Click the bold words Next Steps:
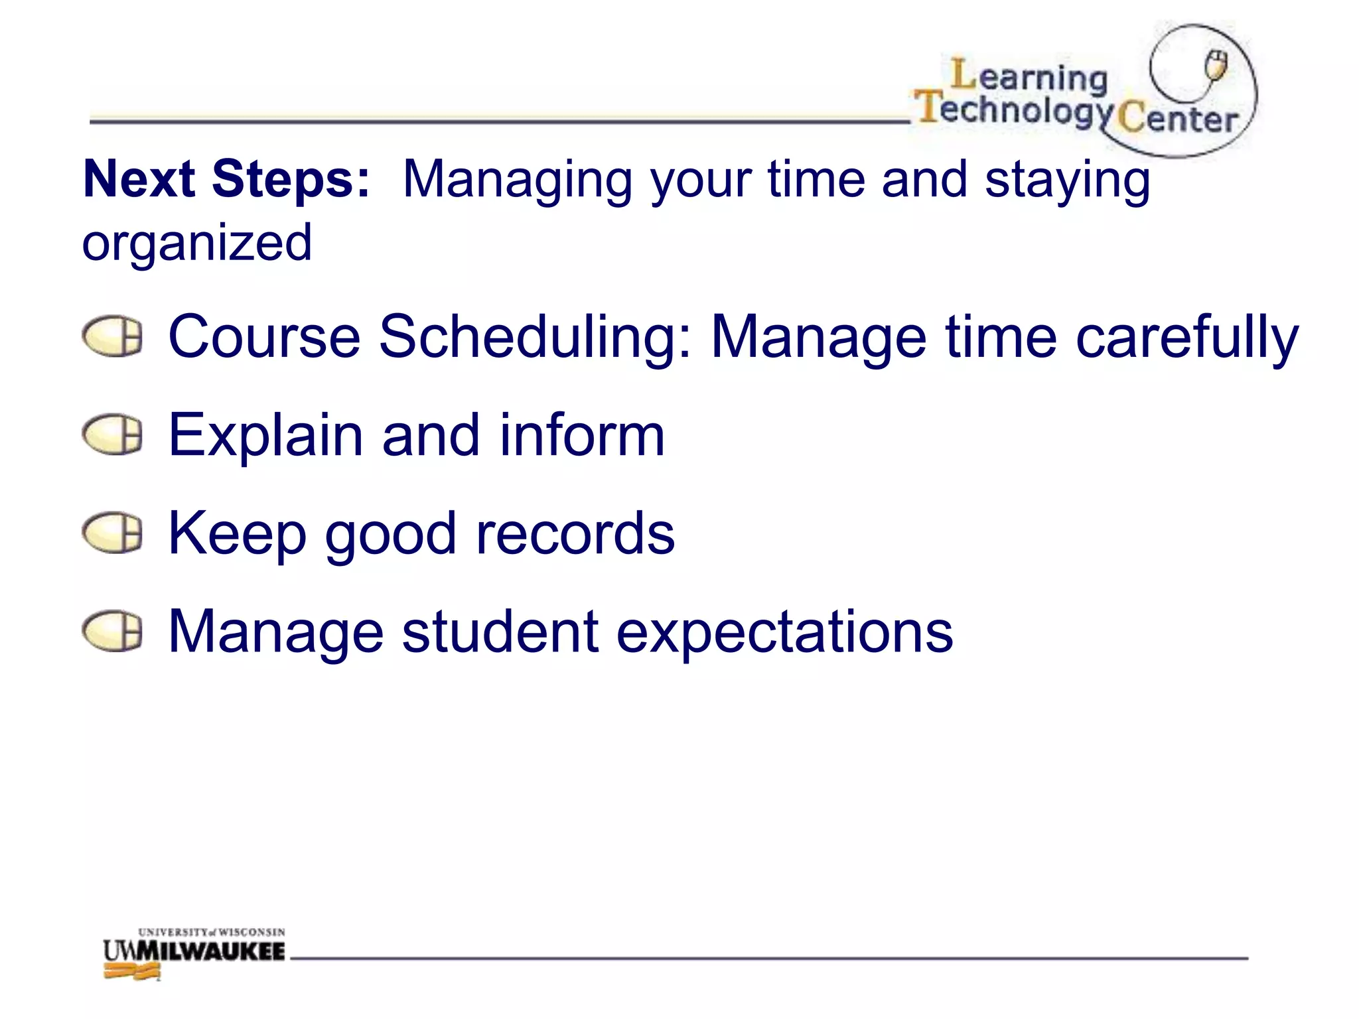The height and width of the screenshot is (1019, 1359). point(226,179)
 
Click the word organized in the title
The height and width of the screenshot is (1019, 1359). point(197,243)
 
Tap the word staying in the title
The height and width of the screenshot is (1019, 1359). point(1067,180)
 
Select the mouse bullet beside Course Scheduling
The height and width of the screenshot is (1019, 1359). point(112,336)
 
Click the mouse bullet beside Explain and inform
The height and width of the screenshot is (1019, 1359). point(112,435)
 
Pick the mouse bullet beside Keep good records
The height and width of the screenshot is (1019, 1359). point(112,533)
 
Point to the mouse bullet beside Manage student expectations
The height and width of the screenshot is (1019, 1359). point(112,631)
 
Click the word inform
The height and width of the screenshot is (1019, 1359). point(582,435)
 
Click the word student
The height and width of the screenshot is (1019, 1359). point(501,632)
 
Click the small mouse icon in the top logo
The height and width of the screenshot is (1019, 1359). point(1216,64)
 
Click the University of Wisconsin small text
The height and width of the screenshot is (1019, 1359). point(211,932)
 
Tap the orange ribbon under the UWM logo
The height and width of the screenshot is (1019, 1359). point(132,973)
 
